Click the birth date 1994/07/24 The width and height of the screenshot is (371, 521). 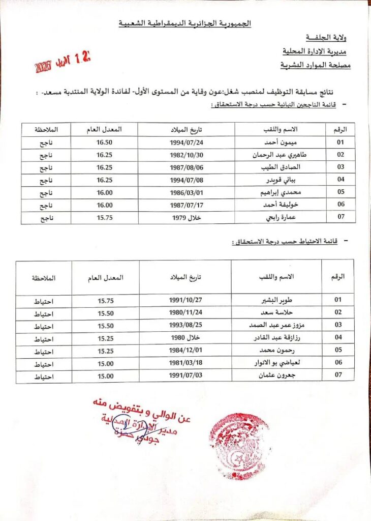[185, 143]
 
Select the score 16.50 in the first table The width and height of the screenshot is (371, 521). [104, 143]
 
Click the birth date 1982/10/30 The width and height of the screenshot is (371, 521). [185, 155]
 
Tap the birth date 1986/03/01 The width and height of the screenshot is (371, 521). [185, 192]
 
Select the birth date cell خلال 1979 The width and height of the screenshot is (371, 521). [185, 217]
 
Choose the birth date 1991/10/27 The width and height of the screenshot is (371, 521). [185, 300]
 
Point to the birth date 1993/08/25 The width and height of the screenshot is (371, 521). [185, 325]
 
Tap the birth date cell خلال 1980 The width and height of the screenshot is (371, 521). [185, 338]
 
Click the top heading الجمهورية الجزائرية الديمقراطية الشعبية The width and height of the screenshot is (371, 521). [184, 23]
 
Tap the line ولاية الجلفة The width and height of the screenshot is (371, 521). [328, 37]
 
